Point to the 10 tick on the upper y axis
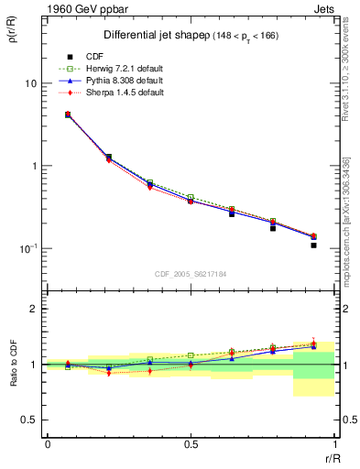(30, 83)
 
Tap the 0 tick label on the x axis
(47, 444)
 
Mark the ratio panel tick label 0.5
(27, 420)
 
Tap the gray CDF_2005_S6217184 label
(190, 273)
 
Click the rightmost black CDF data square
(313, 245)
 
